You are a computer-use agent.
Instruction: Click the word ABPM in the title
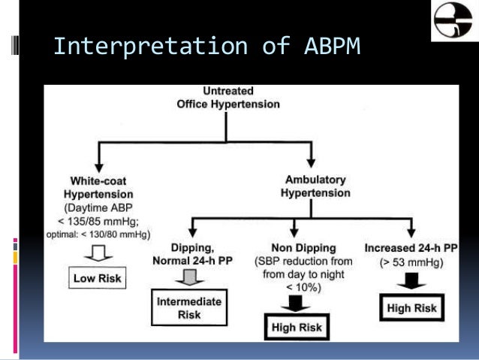coord(333,47)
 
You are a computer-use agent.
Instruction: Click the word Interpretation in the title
coord(150,47)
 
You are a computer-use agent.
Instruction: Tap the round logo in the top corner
coord(453,20)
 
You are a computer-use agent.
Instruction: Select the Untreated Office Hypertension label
coord(228,97)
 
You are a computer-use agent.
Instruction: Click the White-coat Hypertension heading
coord(98,187)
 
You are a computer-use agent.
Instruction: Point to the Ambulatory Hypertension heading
coord(315,186)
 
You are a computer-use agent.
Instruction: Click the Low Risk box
coord(98,278)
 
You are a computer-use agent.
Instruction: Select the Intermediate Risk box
coord(189,307)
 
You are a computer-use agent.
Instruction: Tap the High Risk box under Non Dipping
coord(297,327)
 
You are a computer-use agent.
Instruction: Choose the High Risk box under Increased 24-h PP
coord(411,307)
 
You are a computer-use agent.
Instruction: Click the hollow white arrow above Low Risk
coord(98,253)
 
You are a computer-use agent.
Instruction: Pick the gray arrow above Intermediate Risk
coord(190,277)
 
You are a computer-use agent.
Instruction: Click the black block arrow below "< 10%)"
coord(295,304)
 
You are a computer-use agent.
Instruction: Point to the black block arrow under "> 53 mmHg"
coord(411,281)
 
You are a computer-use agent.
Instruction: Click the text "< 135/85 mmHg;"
coord(98,221)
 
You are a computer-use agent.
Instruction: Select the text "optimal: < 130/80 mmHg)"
coord(98,234)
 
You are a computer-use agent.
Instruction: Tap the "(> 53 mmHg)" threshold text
coord(411,262)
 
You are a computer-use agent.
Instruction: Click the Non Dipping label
coord(303,248)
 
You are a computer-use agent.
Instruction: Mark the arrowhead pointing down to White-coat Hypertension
coord(98,168)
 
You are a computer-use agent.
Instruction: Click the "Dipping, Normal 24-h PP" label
coord(192,254)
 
